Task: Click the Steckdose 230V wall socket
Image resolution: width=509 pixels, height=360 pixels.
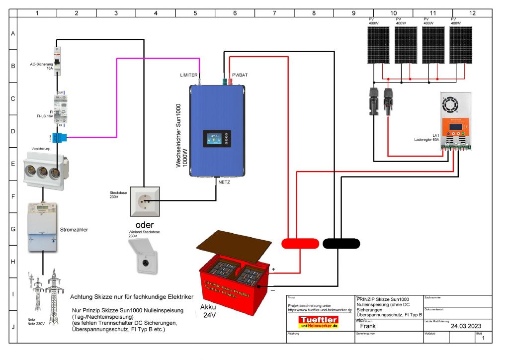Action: [145, 201]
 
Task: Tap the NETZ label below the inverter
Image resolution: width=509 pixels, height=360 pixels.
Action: [224, 182]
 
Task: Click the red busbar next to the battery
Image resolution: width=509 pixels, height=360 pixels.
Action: [300, 243]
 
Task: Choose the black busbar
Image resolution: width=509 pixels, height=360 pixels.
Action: [341, 243]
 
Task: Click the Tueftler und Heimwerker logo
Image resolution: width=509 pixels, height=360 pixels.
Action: [319, 321]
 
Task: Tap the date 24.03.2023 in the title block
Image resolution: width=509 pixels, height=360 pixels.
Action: [466, 327]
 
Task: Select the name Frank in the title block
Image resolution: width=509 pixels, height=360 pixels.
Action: [368, 327]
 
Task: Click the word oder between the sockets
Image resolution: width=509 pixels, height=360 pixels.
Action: [145, 224]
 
